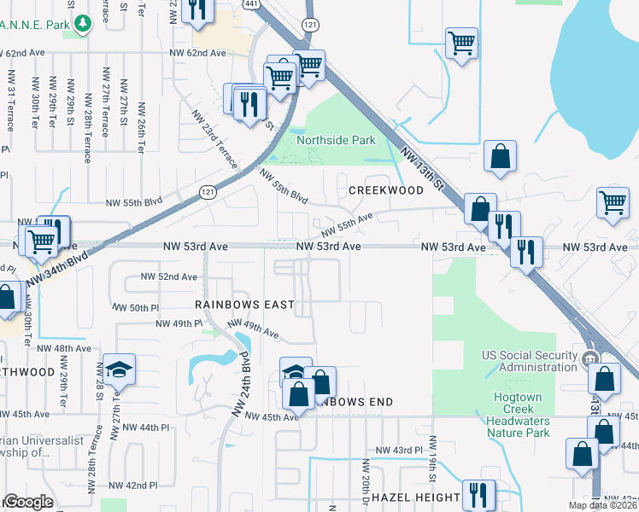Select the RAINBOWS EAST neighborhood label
pos(244,305)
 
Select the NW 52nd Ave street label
pos(168,276)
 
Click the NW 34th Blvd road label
pos(56,268)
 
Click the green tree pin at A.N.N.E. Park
pos(82,23)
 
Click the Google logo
pos(27,503)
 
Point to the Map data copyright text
pos(602,505)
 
